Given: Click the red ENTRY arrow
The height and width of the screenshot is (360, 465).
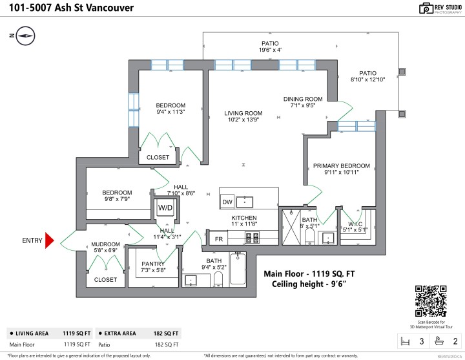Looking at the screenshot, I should click(48, 241).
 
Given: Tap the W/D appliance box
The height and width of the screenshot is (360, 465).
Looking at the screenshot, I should click(165, 207).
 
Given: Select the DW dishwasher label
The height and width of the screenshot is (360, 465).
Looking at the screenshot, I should click(227, 202).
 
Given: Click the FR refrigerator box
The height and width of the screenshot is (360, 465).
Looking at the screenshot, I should click(219, 238).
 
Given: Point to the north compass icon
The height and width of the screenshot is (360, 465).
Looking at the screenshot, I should click(25, 36).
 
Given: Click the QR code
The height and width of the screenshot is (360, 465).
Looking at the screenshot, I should click(429, 300).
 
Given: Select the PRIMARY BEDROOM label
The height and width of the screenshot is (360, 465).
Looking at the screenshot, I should click(341, 165).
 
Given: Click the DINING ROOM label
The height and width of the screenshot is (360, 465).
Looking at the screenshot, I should click(302, 99).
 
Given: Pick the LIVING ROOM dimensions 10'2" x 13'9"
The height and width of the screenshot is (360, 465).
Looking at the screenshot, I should click(243, 120).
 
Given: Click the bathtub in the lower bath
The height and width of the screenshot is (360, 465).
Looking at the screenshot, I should click(238, 268).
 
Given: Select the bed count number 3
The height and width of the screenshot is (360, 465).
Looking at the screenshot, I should click(422, 341).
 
